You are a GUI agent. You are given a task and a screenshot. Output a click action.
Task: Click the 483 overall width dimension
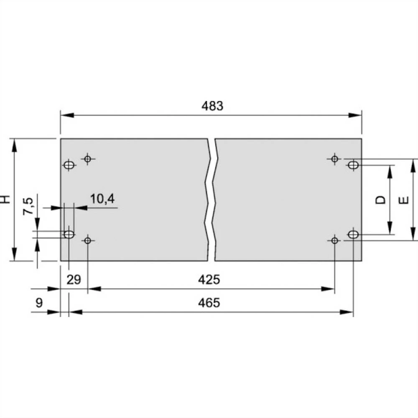pos(212,106)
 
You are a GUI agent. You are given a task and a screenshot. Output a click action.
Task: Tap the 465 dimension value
pos(209,303)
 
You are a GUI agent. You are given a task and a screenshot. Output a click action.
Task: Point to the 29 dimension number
pos(74,279)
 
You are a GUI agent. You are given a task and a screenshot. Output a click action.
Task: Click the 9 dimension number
pos(39,303)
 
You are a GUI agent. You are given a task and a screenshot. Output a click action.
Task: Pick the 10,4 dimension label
pos(102,199)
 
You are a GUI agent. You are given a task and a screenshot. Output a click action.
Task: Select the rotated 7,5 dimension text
pos(28,206)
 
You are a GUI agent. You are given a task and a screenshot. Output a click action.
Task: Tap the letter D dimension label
pos(380,200)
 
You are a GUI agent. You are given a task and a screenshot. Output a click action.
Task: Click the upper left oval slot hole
pos(69,165)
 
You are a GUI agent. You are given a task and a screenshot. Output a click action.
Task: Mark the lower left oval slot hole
pos(69,234)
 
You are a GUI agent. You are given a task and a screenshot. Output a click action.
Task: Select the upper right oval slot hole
pos(353,165)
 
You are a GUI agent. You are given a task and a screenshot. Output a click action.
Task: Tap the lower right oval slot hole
pos(353,234)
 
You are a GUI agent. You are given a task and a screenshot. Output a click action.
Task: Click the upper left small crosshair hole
pos(87,159)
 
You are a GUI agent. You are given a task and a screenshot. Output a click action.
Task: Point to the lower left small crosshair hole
pos(87,240)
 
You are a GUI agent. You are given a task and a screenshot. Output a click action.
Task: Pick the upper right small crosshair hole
pos(334,158)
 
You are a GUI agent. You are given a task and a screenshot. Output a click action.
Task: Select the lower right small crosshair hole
pos(334,240)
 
